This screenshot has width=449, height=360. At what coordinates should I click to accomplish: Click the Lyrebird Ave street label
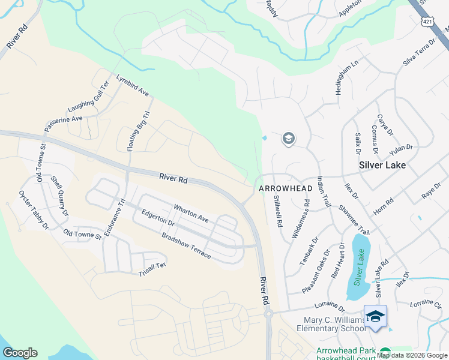click(x=132, y=86)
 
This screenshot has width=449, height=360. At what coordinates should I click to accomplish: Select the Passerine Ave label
click(x=63, y=123)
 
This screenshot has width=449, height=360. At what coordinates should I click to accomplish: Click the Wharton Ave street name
click(x=191, y=214)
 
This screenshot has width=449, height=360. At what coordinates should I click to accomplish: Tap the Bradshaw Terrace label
click(x=186, y=245)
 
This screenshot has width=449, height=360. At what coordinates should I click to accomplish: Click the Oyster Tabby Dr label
click(x=33, y=209)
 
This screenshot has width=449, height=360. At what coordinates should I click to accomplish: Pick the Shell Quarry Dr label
click(x=59, y=196)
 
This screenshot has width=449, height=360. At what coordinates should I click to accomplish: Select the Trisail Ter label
click(x=152, y=268)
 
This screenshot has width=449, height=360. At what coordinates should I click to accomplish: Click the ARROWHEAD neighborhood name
click(x=286, y=188)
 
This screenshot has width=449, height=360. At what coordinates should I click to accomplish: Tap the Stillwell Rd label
click(x=278, y=211)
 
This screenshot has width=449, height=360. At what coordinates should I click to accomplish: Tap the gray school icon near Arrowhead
click(x=288, y=139)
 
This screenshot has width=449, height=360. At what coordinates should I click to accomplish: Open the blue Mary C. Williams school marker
click(x=375, y=316)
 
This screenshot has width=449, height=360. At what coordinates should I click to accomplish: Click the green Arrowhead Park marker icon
click(x=385, y=353)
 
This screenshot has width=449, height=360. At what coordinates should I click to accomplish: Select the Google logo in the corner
click(x=20, y=353)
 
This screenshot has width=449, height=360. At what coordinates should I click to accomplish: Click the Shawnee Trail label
click(x=354, y=220)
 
